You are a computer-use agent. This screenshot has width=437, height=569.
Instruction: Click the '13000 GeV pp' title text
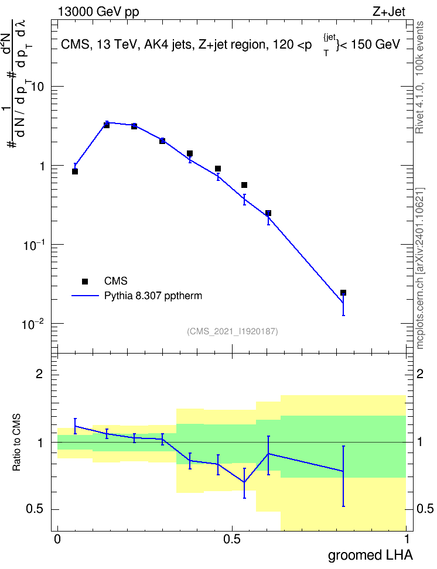click(x=98, y=12)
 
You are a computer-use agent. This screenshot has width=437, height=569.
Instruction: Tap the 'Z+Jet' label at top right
click(x=389, y=12)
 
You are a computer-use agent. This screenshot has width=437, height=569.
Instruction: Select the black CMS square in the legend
click(x=85, y=281)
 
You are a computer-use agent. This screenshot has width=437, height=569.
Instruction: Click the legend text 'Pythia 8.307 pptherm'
click(x=153, y=296)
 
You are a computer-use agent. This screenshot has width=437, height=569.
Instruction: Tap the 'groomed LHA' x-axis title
click(x=370, y=556)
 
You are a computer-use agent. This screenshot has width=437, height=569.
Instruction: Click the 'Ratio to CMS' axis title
click(x=16, y=443)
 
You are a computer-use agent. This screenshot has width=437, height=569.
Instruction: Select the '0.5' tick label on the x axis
click(x=232, y=539)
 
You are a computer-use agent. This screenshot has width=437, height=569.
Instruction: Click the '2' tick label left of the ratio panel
click(x=39, y=373)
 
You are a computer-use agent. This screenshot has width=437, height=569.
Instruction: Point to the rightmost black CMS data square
click(x=343, y=293)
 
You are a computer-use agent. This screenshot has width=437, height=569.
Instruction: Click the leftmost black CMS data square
click(x=75, y=172)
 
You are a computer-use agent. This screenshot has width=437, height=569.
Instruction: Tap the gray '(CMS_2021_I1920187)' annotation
click(x=233, y=331)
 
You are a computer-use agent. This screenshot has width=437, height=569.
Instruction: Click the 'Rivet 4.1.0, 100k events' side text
click(x=419, y=77)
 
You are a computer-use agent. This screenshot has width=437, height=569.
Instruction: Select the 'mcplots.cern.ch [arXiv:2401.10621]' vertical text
click(x=420, y=268)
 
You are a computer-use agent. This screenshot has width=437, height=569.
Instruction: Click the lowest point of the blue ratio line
click(x=244, y=482)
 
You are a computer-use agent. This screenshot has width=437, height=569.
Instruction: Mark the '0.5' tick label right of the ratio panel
click(x=425, y=509)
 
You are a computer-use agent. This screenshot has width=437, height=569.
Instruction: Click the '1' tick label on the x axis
click(x=407, y=539)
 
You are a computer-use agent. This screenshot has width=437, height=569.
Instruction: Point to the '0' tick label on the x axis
click(x=57, y=539)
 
